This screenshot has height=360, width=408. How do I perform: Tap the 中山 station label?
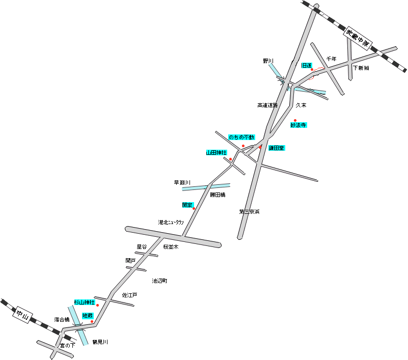pyautogui.click(x=23, y=315)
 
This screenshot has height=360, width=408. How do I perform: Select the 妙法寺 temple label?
pyautogui.click(x=298, y=125)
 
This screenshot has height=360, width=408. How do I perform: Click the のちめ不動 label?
pyautogui.click(x=241, y=137)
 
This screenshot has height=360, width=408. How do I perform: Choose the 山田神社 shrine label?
pyautogui.click(x=216, y=153)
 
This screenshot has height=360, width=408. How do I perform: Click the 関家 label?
pyautogui.click(x=187, y=205)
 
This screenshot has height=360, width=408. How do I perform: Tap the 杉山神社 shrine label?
pyautogui.click(x=85, y=302)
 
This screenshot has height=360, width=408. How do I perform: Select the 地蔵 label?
pyautogui.click(x=87, y=316)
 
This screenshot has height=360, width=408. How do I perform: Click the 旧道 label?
pyautogui.click(x=307, y=66)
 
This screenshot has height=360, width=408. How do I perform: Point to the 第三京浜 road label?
pyautogui.click(x=250, y=211)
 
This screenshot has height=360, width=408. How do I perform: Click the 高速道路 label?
pyautogui.click(x=267, y=105)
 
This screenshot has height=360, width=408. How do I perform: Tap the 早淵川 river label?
pyautogui.click(x=182, y=182)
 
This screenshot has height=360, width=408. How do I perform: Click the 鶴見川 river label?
pyautogui.click(x=100, y=342)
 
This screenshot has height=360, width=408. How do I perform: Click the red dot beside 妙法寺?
pyautogui.click(x=295, y=121)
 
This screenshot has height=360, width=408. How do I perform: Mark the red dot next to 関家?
pyautogui.click(x=194, y=209)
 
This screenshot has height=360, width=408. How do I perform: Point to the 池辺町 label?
pyautogui.click(x=159, y=281)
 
